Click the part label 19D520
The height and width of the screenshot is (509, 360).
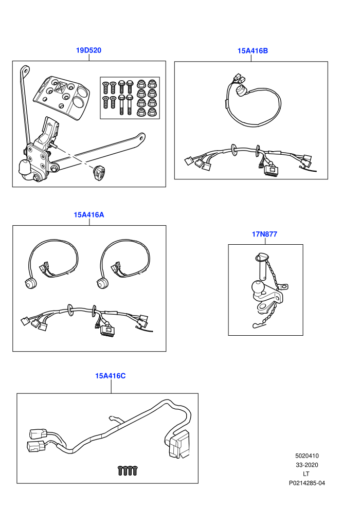tap(88, 50)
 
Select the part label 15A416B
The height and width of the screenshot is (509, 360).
tap(253, 50)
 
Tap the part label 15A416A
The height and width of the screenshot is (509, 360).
tap(89, 215)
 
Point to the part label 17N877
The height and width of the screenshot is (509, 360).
tap(264, 234)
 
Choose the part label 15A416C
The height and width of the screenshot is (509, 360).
tap(111, 376)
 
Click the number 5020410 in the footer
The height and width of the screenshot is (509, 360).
tap(307, 456)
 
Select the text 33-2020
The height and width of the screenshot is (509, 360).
tap(307, 465)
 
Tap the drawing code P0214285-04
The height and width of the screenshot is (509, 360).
tap(307, 483)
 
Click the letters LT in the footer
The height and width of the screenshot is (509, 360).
tap(306, 474)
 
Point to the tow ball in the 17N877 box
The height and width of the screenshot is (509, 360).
tap(258, 287)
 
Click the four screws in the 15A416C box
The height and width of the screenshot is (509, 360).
tap(127, 470)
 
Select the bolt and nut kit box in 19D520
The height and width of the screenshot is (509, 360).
tap(130, 98)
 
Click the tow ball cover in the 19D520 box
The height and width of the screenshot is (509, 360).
tap(25, 167)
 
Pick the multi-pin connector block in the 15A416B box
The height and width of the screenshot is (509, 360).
tap(272, 170)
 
